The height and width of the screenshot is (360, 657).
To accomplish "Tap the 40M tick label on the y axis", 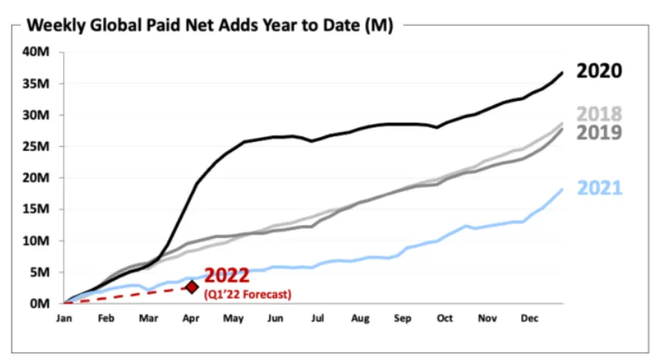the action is pyautogui.click(x=36, y=52).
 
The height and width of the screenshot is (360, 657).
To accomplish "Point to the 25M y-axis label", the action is pyautogui.click(x=36, y=147).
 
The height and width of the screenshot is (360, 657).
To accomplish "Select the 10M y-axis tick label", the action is pyautogui.click(x=36, y=241).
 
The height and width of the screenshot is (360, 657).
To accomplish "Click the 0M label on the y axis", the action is pyautogui.click(x=40, y=303).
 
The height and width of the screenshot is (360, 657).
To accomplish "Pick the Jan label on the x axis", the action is pyautogui.click(x=64, y=319).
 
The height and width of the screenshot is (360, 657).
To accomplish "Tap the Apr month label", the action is pyautogui.click(x=190, y=319).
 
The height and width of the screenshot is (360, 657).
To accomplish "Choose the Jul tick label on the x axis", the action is pyautogui.click(x=318, y=319).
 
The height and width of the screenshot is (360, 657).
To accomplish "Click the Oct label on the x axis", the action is pyautogui.click(x=445, y=319).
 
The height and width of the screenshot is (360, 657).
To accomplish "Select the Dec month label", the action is pyautogui.click(x=529, y=319).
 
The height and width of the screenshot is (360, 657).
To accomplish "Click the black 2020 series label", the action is pyautogui.click(x=599, y=71).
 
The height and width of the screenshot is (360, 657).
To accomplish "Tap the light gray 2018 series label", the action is pyautogui.click(x=599, y=114).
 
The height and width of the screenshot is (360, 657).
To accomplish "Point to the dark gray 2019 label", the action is pyautogui.click(x=599, y=132).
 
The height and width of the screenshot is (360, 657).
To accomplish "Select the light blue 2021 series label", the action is pyautogui.click(x=600, y=188).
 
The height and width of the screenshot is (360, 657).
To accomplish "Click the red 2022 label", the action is pyautogui.click(x=227, y=275).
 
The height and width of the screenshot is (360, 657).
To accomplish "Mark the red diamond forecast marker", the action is pyautogui.click(x=192, y=287).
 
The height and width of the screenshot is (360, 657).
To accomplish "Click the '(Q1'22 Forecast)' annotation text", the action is pyautogui.click(x=248, y=294).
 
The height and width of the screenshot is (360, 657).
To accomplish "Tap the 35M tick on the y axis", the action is pyautogui.click(x=36, y=83).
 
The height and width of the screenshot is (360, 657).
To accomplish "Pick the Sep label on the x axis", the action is pyautogui.click(x=402, y=319).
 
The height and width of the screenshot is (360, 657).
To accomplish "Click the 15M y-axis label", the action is pyautogui.click(x=36, y=209).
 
